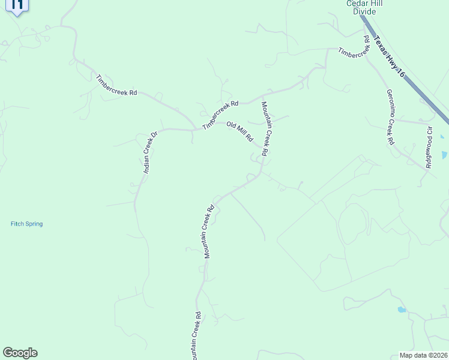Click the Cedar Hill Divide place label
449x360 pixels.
(x=364, y=7)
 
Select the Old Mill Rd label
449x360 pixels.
(x=240, y=132)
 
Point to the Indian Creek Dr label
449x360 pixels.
(x=149, y=152)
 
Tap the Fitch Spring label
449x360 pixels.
(x=26, y=224)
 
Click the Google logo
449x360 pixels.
(x=20, y=353)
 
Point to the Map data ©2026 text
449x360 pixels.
(x=424, y=355)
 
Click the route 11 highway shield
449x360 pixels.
(x=17, y=6)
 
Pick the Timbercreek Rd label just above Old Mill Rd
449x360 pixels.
(x=220, y=115)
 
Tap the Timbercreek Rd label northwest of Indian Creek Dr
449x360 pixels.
(x=116, y=85)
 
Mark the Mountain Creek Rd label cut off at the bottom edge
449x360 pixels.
(x=196, y=336)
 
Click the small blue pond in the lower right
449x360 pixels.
(x=401, y=310)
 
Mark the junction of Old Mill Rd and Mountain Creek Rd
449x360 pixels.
(x=262, y=148)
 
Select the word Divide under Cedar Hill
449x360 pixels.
(x=364, y=11)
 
